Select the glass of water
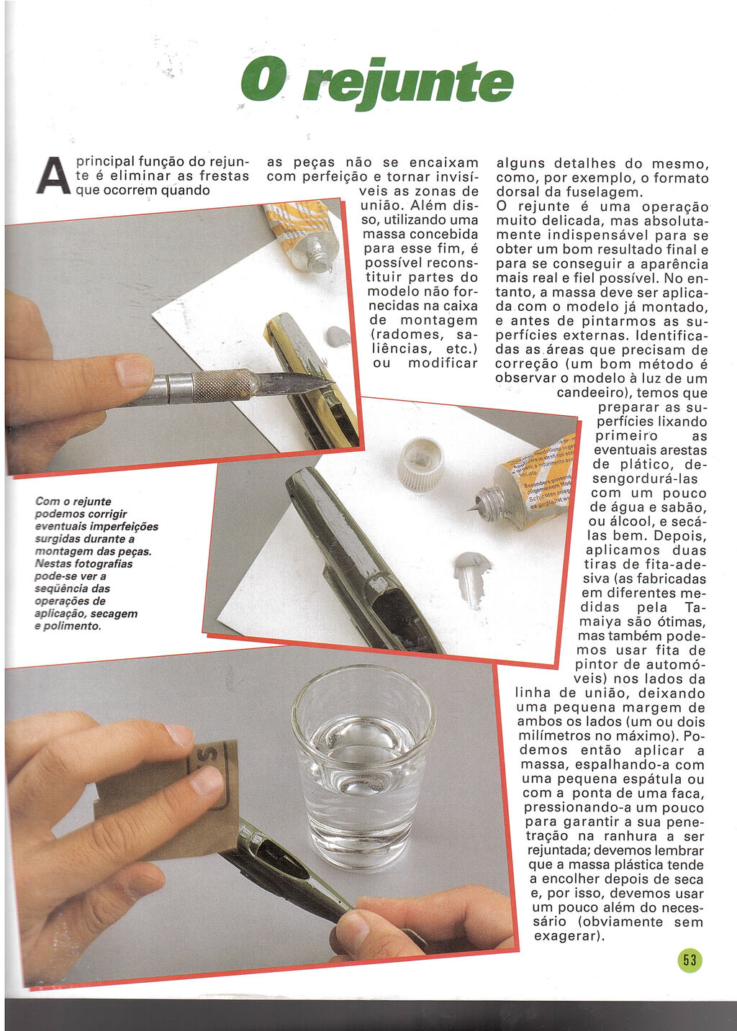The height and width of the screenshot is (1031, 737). tap(363, 762)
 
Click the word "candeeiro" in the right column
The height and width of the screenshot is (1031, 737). tap(591, 393)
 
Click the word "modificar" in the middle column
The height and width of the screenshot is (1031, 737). tap(443, 363)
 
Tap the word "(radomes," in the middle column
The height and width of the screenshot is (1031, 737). tap(405, 335)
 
